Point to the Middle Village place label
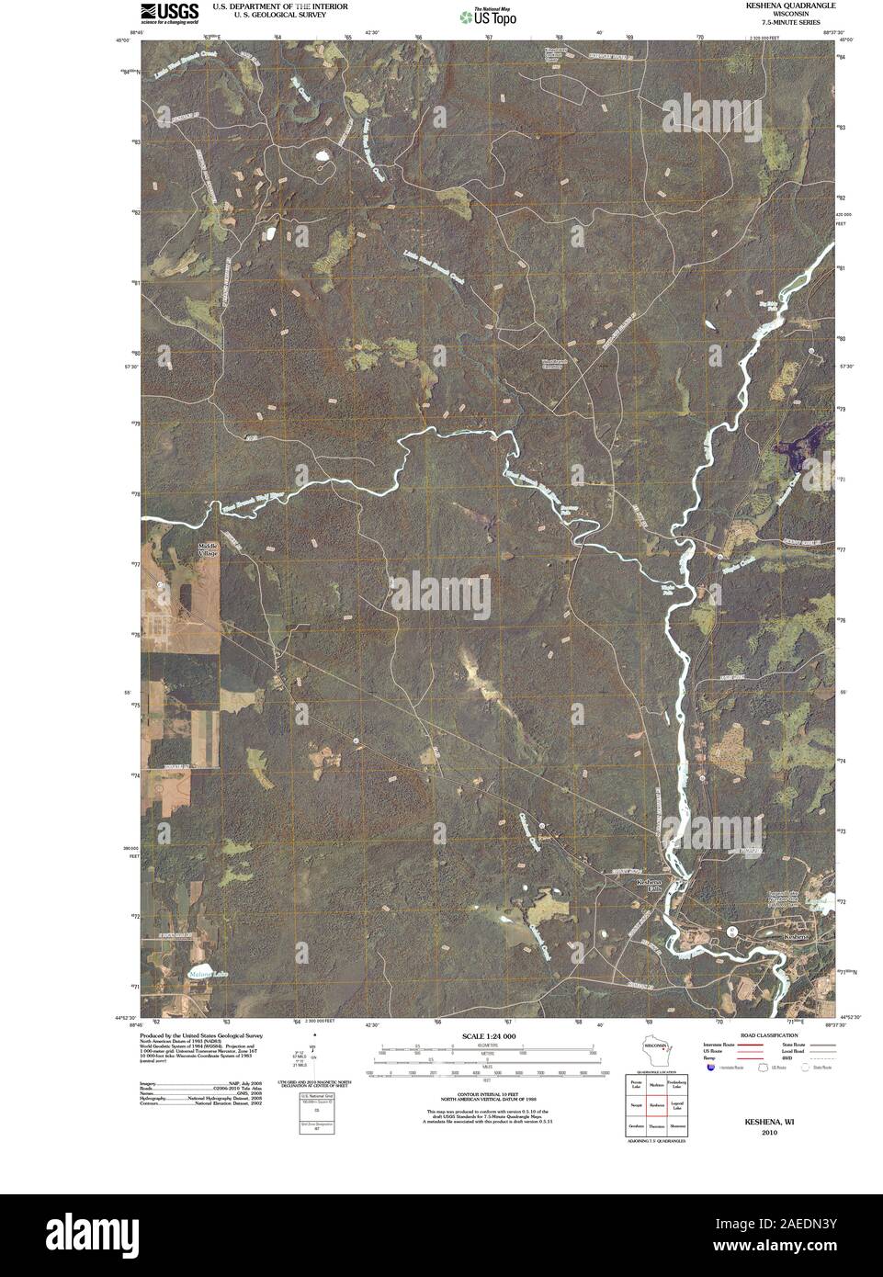[208, 548]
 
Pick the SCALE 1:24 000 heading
[487, 1036]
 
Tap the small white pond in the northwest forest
[323, 156]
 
